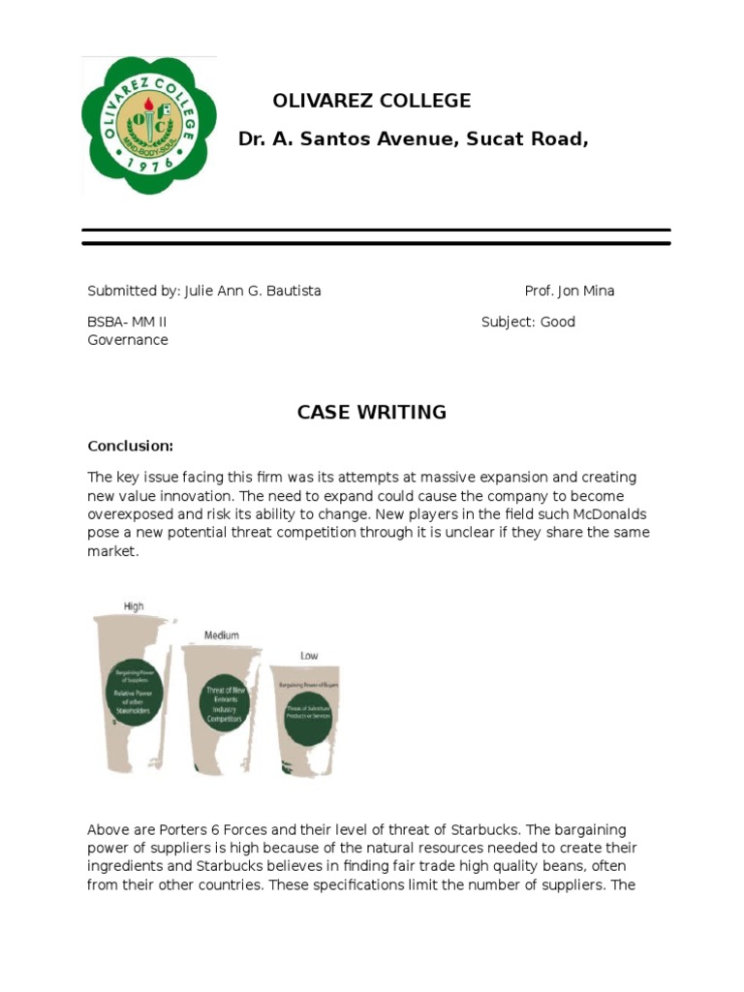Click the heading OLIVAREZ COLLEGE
point(372,101)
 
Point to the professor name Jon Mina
point(585,291)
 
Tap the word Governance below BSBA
point(128,340)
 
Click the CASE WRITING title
point(372,412)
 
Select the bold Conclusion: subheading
point(130,446)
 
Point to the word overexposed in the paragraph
point(133,513)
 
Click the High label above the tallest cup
point(134,606)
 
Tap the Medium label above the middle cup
point(222,635)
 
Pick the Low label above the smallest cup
point(309,656)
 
